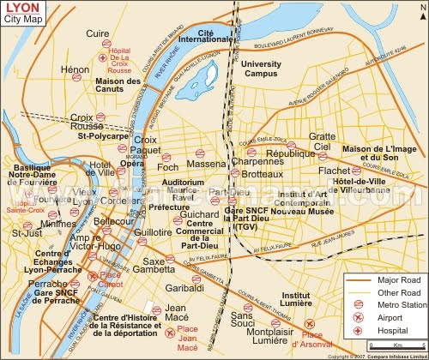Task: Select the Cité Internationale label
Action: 216,35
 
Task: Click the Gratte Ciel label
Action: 322,141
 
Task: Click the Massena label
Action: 205,164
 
